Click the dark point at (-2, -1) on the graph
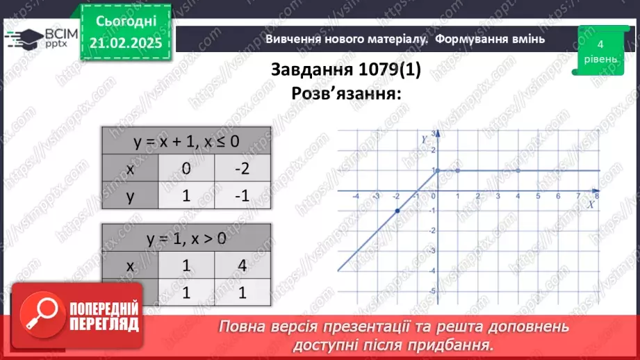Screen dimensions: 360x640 [x=397, y=211]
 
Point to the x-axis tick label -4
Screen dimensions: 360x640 [x=356, y=197]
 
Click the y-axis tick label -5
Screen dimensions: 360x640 [x=432, y=291]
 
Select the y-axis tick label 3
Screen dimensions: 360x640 [x=432, y=133]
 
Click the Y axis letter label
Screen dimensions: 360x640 [x=424, y=139]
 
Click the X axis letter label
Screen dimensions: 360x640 [x=590, y=204]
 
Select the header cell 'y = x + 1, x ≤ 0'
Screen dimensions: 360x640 [x=186, y=142]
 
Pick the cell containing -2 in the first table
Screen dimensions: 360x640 [x=242, y=169]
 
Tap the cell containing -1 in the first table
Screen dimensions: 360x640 [x=242, y=196]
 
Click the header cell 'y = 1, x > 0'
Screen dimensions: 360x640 [x=186, y=239]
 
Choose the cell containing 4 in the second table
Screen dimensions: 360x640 [x=242, y=266]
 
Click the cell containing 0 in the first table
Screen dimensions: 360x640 [x=186, y=169]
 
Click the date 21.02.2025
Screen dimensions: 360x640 [x=124, y=43]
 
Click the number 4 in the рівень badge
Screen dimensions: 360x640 [x=600, y=44]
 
